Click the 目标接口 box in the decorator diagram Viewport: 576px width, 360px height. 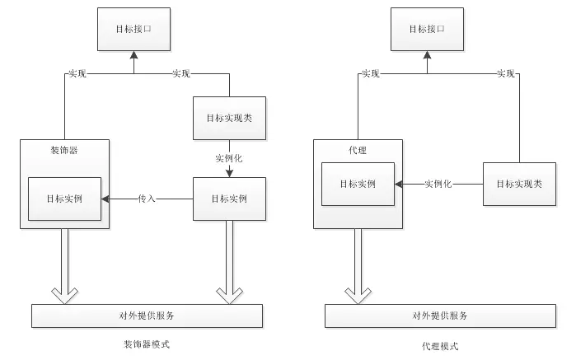pos(133,29)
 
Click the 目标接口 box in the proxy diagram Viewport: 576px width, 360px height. pos(427,29)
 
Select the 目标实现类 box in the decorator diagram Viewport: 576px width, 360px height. pos(230,118)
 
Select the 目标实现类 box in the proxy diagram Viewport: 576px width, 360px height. pos(519,184)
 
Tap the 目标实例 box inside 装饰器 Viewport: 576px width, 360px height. pos(64,199)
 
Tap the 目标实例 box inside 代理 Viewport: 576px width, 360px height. pos(358,184)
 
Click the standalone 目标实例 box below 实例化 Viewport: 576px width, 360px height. pos(230,199)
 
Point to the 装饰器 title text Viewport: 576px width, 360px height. pos(64,150)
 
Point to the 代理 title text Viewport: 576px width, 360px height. pos(358,150)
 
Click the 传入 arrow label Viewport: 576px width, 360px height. pos(147,199)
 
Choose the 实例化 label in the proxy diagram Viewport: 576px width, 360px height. pos(438,184)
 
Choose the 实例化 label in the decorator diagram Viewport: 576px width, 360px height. pos(229,158)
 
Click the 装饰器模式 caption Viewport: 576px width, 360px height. pos(147,344)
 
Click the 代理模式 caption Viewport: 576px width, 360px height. pos(440,346)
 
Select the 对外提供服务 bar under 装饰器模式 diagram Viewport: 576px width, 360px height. pos(147,316)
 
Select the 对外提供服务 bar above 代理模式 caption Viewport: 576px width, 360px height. pos(441,316)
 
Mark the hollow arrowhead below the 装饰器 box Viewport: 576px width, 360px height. pos(64,296)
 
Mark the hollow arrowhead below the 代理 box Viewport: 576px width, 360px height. pos(358,296)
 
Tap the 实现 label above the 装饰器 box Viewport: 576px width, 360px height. pos(77,74)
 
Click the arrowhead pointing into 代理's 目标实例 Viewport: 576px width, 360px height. pos(398,184)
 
